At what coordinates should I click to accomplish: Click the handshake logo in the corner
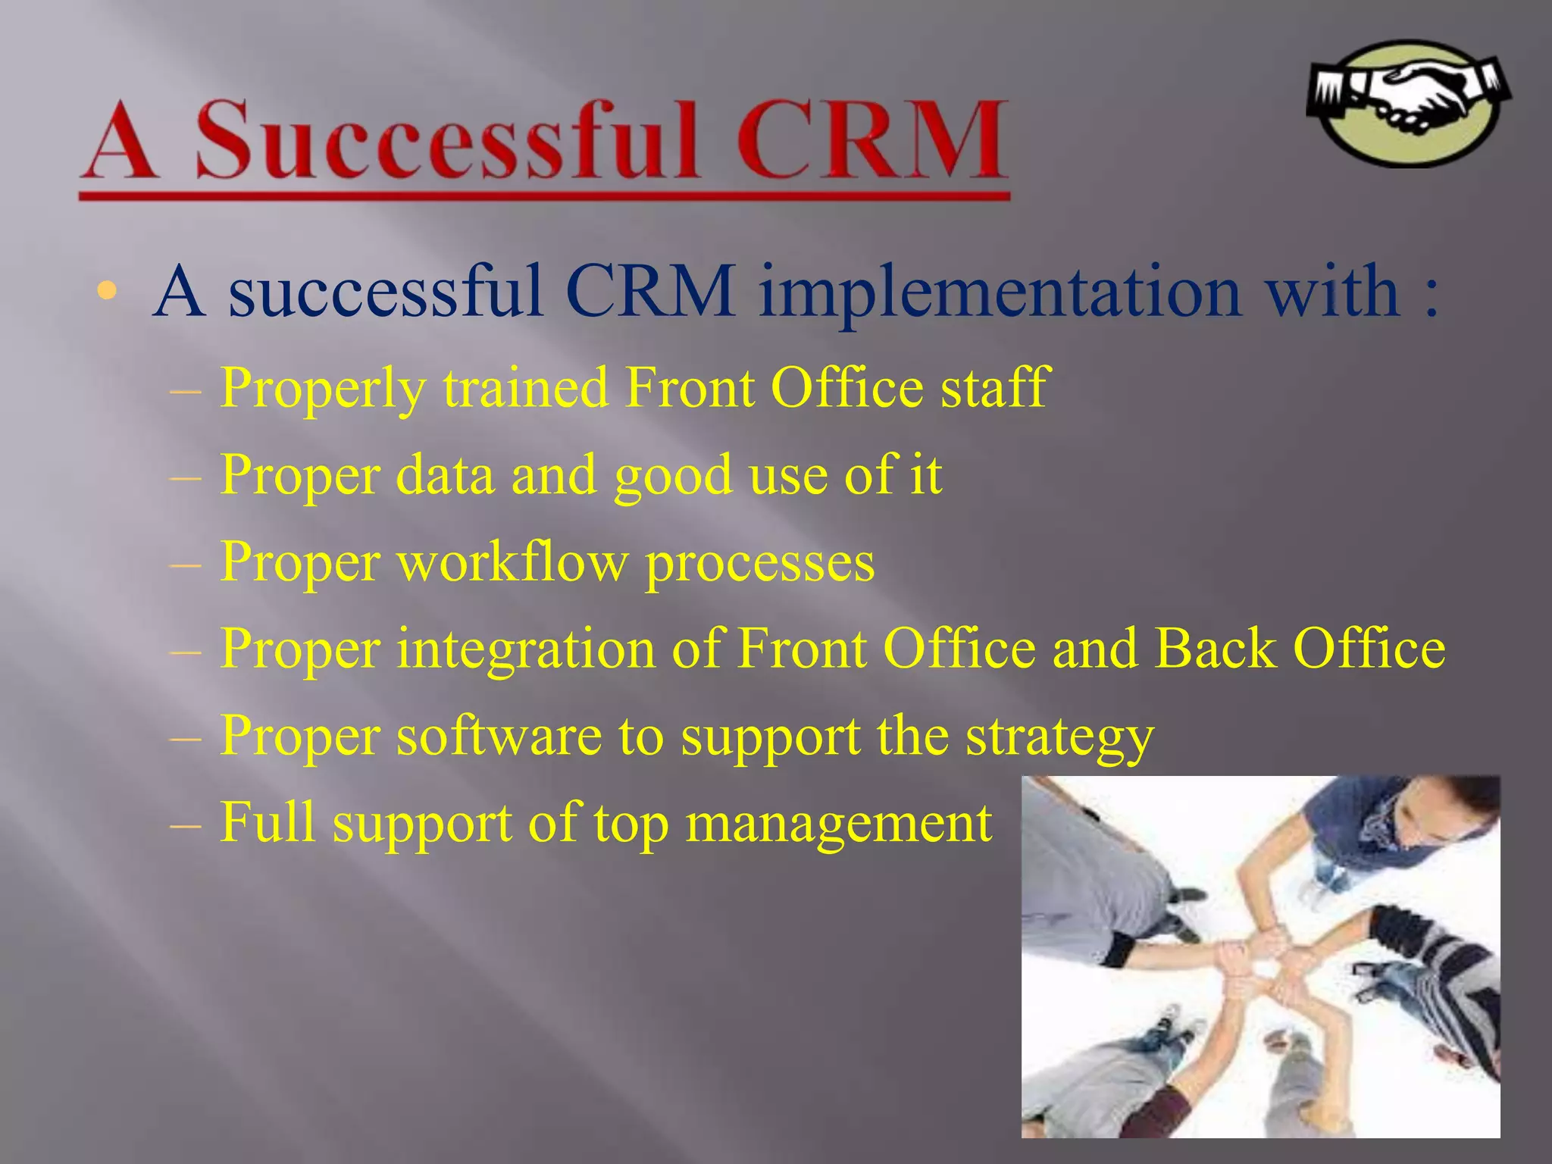[1408, 103]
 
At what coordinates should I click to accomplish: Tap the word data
[445, 476]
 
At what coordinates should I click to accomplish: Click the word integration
[525, 650]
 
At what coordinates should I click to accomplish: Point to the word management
[838, 824]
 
